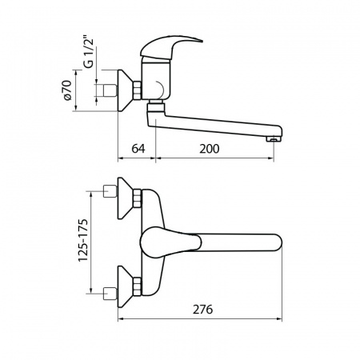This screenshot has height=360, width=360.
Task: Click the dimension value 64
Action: [x=138, y=149]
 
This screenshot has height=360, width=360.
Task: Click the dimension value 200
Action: [x=210, y=149]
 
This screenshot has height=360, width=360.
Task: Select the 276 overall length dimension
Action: [x=203, y=310]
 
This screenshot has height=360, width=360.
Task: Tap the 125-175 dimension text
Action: [x=83, y=240]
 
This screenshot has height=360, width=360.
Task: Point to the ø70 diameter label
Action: [x=68, y=90]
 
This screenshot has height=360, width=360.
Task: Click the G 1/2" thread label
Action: [x=90, y=53]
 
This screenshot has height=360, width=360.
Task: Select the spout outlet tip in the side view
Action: [x=273, y=139]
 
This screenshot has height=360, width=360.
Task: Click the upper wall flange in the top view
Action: [x=126, y=198]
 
